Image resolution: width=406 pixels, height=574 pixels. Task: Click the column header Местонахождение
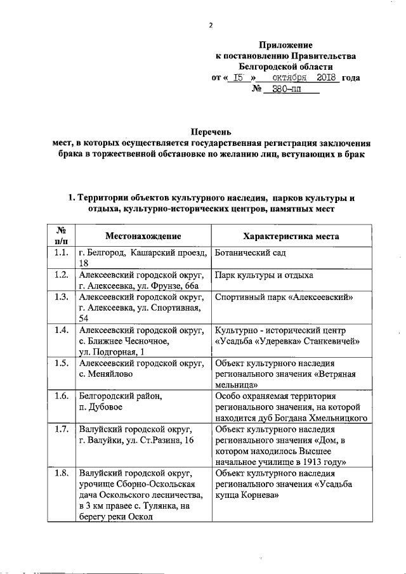143,235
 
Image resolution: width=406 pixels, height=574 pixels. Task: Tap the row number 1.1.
62,253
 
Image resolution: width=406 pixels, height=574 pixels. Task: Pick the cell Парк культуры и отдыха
264,275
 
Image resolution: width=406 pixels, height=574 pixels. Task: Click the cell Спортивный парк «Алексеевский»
284,297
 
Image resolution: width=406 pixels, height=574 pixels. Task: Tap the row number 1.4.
62,330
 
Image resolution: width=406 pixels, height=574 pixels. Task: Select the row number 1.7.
62,429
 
